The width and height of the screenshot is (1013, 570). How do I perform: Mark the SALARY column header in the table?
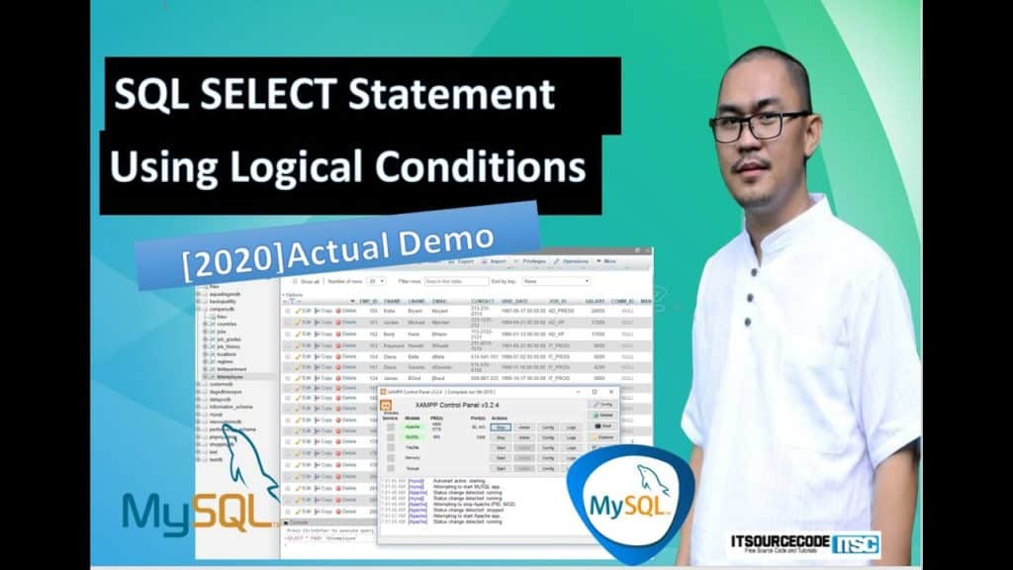tap(594, 300)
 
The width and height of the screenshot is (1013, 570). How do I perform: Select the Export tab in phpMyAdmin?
tap(463, 261)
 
